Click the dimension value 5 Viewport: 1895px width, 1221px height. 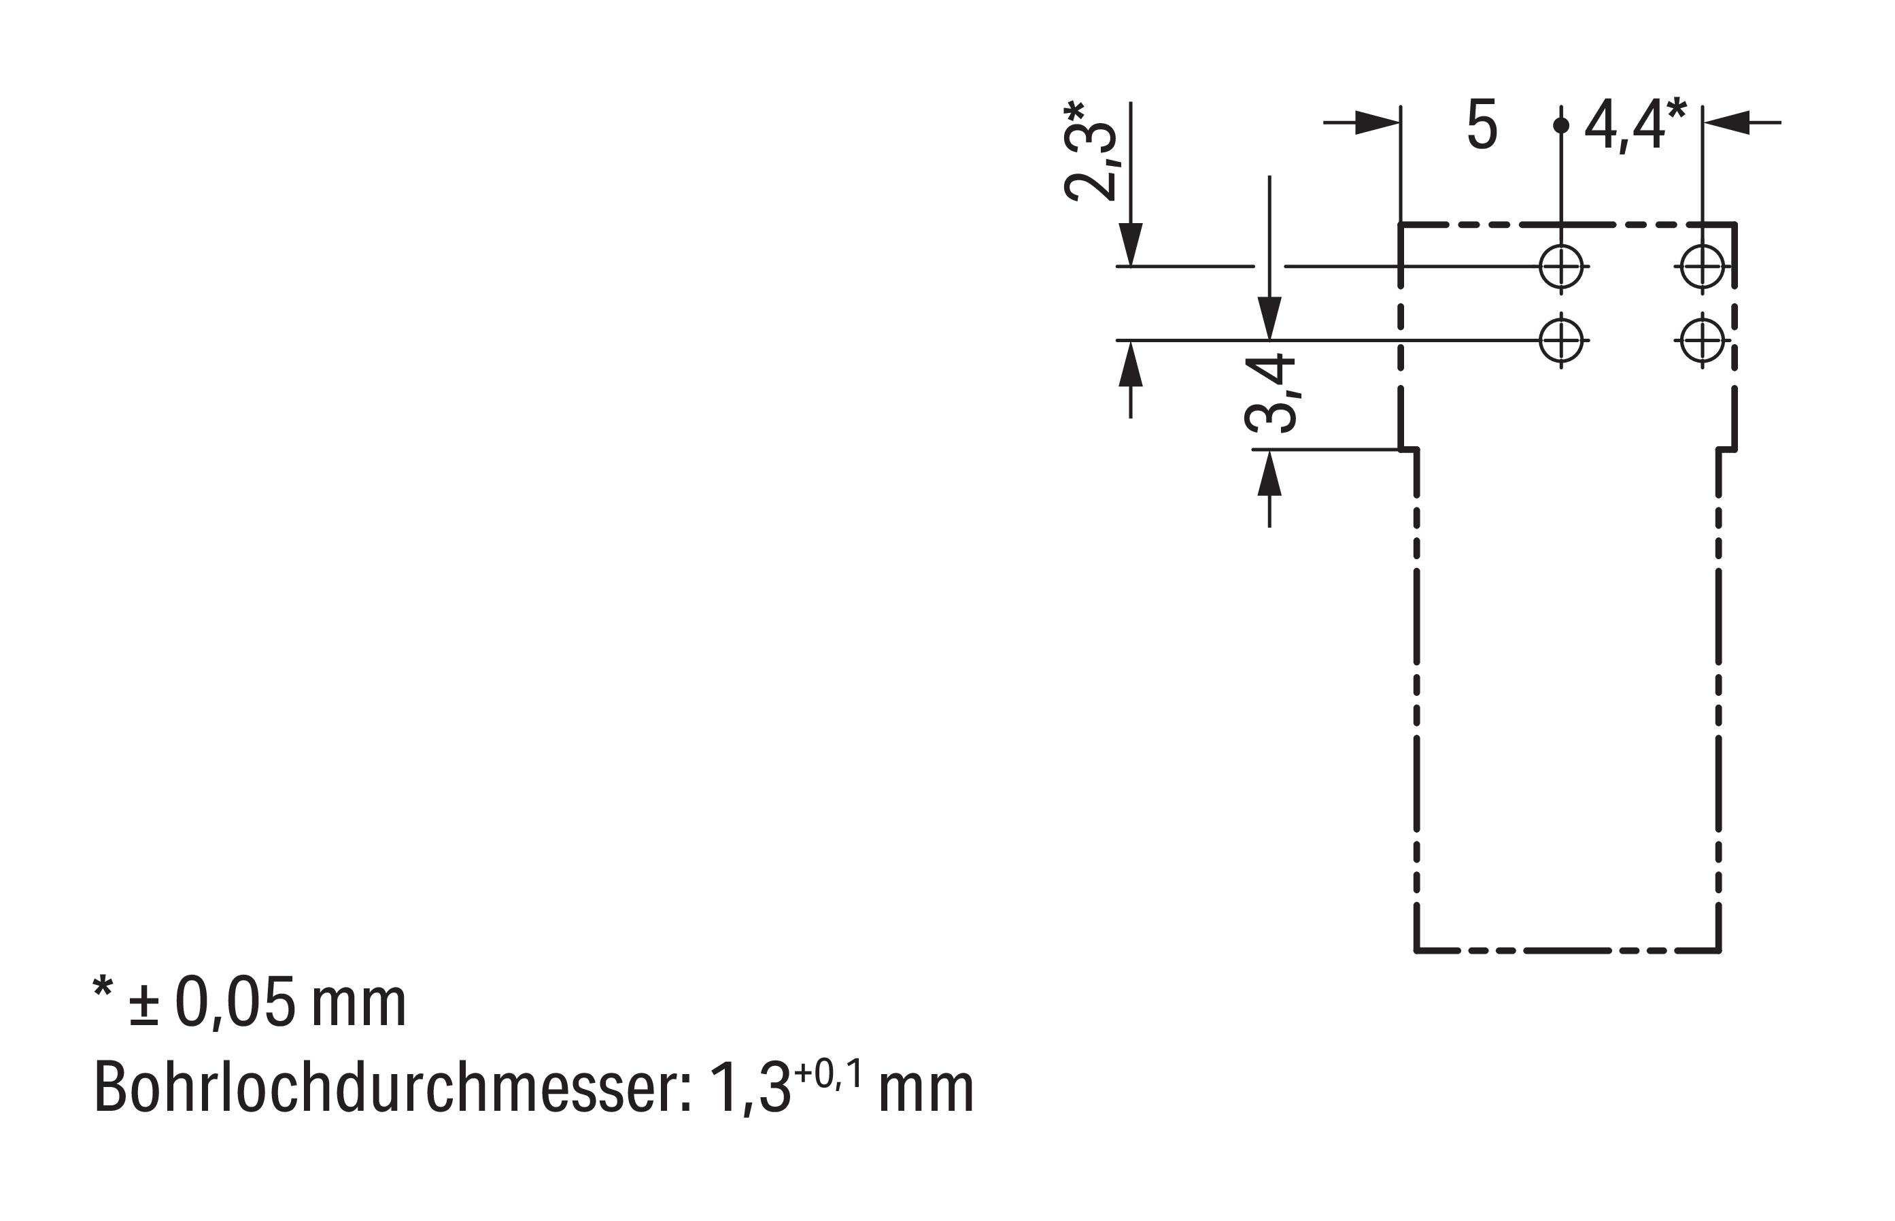pos(1482,124)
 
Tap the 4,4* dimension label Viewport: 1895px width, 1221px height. pos(1636,124)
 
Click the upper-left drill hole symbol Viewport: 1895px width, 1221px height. pos(1560,267)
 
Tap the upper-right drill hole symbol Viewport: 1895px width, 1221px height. pos(1702,267)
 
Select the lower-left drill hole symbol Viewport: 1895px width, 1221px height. pos(1560,341)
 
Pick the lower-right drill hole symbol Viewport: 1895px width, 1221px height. pos(1702,341)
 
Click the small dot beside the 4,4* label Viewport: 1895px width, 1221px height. pos(1560,125)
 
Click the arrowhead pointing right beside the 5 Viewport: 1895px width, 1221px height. pos(1378,123)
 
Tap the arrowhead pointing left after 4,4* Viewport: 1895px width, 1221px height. pos(1726,123)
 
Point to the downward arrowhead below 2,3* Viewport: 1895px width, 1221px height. pos(1130,244)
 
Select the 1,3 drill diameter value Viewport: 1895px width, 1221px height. pos(750,1088)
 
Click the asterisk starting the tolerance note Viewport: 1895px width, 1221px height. pos(103,988)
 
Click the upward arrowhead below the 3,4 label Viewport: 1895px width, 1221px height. pos(1269,473)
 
